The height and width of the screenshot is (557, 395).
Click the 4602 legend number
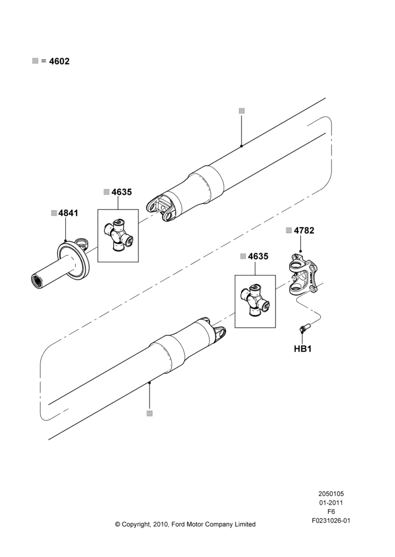59,61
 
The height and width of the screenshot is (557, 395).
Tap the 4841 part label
68,213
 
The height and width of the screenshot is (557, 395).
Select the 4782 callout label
304,230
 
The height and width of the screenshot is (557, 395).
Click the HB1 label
302,349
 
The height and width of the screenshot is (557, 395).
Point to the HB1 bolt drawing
304,329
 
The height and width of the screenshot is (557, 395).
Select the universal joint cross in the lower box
255,300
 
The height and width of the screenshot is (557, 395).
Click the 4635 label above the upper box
122,192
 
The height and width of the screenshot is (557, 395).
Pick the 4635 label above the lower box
258,256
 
